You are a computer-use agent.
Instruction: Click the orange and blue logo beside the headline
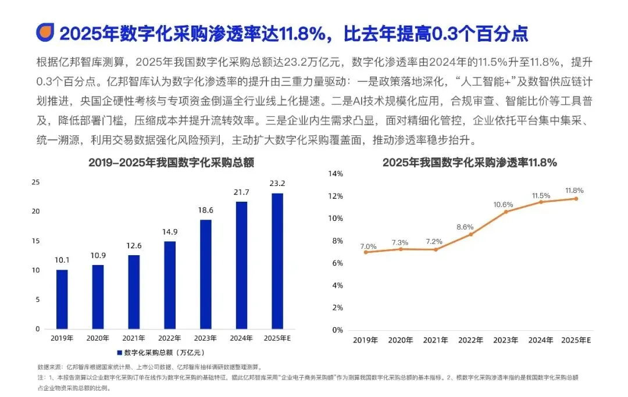pyautogui.click(x=45, y=33)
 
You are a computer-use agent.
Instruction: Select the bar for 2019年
pyautogui.click(x=62, y=299)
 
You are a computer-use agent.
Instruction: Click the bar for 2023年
pyautogui.click(x=205, y=274)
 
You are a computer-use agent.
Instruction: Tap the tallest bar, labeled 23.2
pyautogui.click(x=277, y=261)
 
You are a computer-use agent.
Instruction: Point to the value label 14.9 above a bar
pyautogui.click(x=170, y=232)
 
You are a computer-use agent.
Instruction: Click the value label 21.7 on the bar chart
pyautogui.click(x=241, y=192)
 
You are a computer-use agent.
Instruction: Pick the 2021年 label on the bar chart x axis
pyautogui.click(x=134, y=338)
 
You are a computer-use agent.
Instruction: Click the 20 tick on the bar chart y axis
pyautogui.click(x=36, y=212)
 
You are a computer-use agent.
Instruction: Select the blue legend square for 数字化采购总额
pyautogui.click(x=119, y=353)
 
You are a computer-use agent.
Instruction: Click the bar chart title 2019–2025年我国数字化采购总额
pyautogui.click(x=172, y=163)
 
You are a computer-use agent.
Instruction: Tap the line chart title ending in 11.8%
pyautogui.click(x=470, y=163)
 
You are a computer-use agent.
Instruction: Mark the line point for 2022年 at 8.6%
pyautogui.click(x=471, y=234)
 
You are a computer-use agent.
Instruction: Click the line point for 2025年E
pyautogui.click(x=576, y=199)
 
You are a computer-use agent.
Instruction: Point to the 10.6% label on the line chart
pyautogui.click(x=503, y=205)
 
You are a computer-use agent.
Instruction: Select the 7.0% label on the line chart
pyautogui.click(x=368, y=246)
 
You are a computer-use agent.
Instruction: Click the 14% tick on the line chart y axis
pyautogui.click(x=336, y=174)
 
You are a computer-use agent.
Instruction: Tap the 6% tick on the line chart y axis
pyautogui.click(x=338, y=263)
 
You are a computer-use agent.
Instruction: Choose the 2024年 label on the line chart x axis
pyautogui.click(x=541, y=340)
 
